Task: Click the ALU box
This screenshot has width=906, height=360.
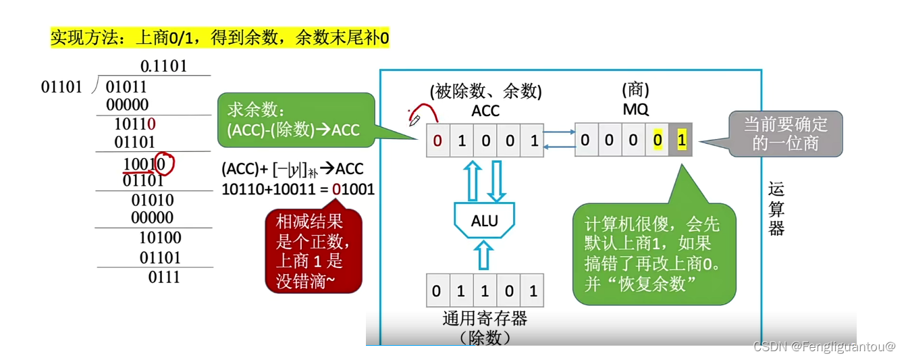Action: (484, 220)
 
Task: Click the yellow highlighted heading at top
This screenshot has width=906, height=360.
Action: (219, 37)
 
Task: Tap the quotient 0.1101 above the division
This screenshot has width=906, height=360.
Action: (163, 66)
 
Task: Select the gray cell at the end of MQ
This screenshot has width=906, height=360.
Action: (681, 141)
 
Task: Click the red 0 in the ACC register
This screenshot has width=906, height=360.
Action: (437, 141)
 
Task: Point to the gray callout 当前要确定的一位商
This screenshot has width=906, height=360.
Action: (784, 133)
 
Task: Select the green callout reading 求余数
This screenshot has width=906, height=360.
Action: (295, 120)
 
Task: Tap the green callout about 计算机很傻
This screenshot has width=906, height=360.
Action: (653, 253)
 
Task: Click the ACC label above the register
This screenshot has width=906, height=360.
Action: (485, 110)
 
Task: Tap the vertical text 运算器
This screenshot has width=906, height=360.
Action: (776, 209)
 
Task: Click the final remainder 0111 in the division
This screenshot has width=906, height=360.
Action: (164, 276)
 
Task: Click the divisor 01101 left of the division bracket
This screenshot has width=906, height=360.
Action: (61, 87)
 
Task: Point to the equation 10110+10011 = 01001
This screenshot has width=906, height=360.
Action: (298, 189)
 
